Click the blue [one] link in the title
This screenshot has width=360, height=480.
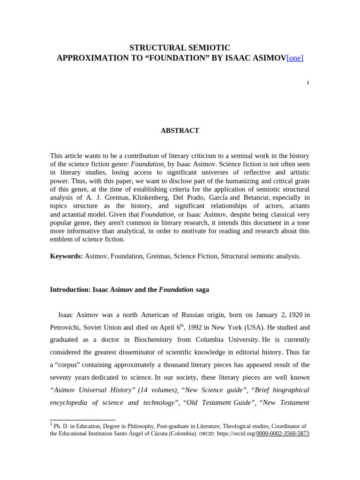coord(295,58)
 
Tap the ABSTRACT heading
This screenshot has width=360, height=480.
coord(180,131)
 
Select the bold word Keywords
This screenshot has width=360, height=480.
coord(66,256)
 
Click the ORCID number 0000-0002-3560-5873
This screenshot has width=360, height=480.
coord(283,434)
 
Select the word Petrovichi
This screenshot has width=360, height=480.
coord(67,327)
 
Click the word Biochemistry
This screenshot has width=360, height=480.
coord(145,339)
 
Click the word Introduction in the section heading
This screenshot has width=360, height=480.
coord(69,290)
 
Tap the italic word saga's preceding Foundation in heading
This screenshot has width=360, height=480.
coord(176,290)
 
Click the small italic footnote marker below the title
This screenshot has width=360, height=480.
coord(308,83)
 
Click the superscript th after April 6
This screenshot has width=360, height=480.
coord(182,325)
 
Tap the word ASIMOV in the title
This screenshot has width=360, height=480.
coord(269,58)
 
